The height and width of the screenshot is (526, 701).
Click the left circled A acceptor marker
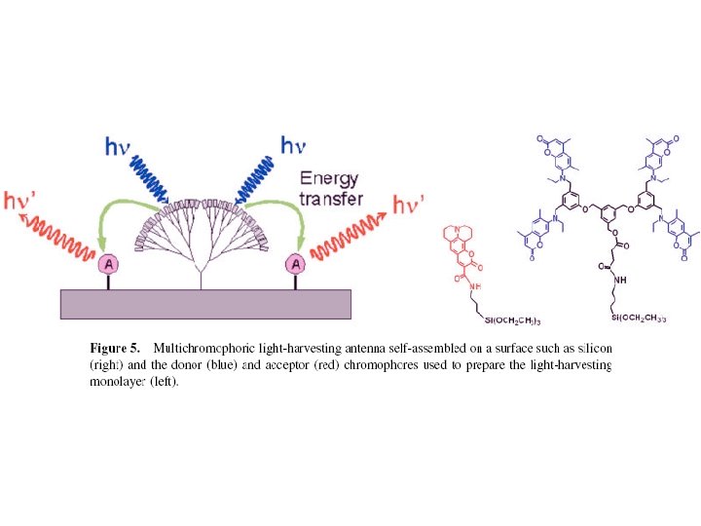[x=109, y=264]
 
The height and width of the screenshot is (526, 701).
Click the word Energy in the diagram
[x=329, y=179]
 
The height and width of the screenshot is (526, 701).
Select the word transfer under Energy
[x=332, y=199]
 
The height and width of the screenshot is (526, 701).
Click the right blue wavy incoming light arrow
[x=252, y=179]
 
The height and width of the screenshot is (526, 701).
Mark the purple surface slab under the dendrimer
[x=205, y=304]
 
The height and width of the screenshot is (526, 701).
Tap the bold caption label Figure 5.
[x=115, y=348]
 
